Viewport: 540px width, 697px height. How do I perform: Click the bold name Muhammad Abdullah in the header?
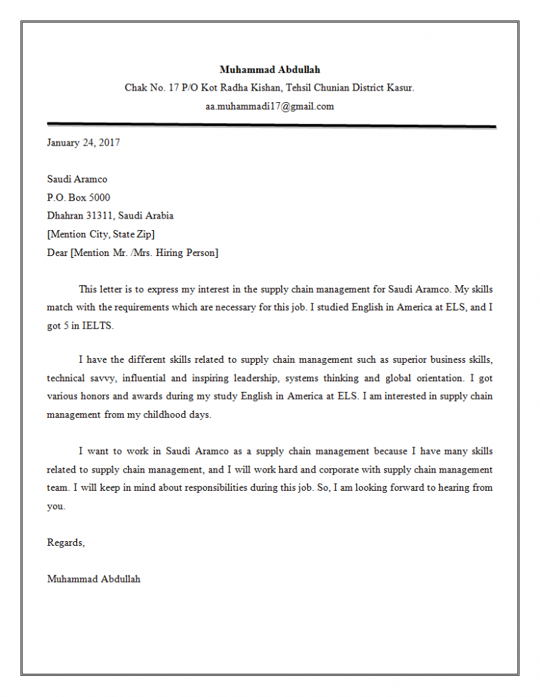coord(270,69)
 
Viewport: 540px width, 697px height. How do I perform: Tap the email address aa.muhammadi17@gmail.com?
coord(270,106)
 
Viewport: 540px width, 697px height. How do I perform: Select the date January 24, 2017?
coord(83,142)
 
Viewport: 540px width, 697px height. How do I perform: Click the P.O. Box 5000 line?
coord(78,197)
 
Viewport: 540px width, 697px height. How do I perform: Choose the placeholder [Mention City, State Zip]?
coord(101,234)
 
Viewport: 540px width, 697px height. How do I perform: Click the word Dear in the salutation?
coord(57,253)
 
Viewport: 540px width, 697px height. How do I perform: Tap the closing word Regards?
coord(65,542)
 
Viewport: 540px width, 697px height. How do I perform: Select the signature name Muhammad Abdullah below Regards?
coord(94,579)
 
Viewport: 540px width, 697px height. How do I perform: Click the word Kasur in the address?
coord(400,88)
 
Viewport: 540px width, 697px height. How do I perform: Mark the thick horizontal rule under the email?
coord(271,125)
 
